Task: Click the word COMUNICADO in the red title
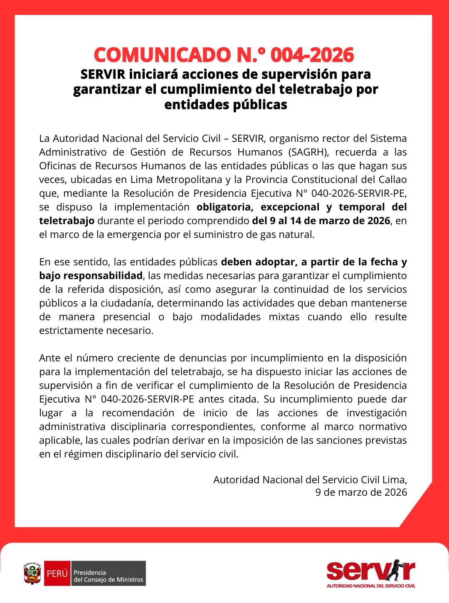pyautogui.click(x=160, y=55)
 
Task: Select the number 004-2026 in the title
pyautogui.click(x=312, y=55)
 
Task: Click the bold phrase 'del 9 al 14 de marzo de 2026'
pyautogui.click(x=321, y=220)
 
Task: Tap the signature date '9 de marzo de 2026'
pyautogui.click(x=361, y=492)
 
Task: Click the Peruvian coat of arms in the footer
pyautogui.click(x=32, y=573)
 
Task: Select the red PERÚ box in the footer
pyautogui.click(x=57, y=573)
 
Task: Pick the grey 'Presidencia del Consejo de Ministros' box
pyautogui.click(x=109, y=573)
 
